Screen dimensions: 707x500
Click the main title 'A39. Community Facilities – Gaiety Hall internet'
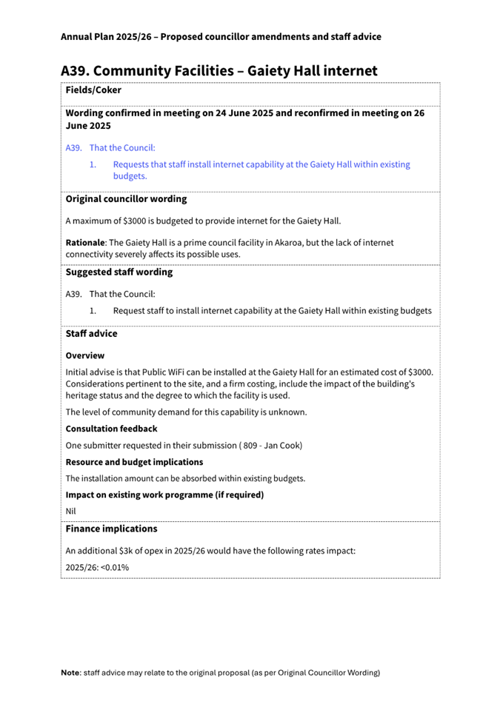(x=219, y=71)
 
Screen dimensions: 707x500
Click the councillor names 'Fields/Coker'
(x=93, y=90)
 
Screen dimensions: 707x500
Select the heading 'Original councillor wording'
(x=126, y=199)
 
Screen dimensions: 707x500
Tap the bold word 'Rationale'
(x=85, y=242)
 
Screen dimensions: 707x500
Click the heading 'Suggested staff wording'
(x=119, y=272)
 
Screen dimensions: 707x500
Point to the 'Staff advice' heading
(x=91, y=334)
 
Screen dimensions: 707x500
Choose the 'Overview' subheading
(x=85, y=355)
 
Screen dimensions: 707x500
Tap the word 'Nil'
(x=71, y=511)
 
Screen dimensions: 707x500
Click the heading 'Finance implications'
(x=111, y=529)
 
